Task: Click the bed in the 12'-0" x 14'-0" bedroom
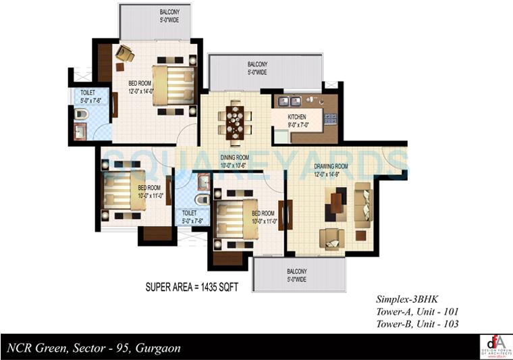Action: point(173,85)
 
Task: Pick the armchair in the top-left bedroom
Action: point(124,53)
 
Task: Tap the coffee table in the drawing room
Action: point(337,203)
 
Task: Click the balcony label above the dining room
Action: point(256,68)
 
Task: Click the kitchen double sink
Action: point(289,103)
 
